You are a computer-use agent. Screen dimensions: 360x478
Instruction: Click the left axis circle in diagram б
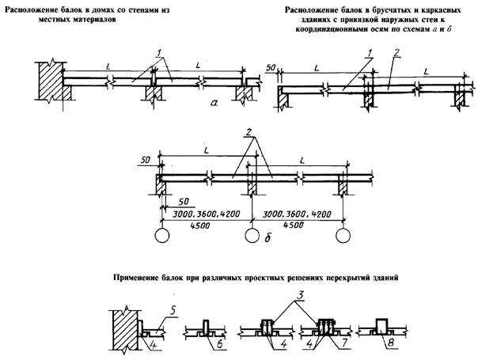click(161, 236)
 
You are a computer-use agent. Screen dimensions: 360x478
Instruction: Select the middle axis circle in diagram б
click(252, 236)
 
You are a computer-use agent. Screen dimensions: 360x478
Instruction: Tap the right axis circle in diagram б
click(343, 236)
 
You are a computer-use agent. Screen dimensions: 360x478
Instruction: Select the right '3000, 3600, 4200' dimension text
click(297, 214)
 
